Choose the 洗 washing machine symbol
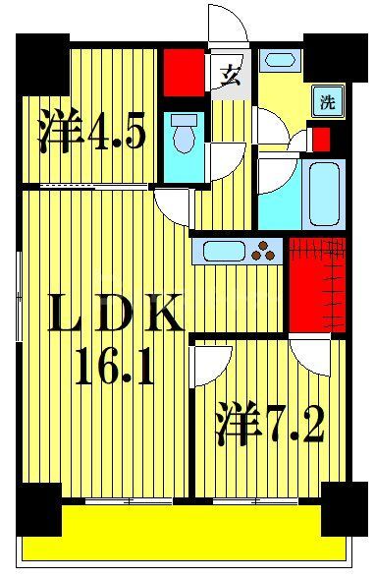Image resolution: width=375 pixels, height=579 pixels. pyautogui.click(x=325, y=100)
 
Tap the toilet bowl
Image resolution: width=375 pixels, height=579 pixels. pyautogui.click(x=181, y=137)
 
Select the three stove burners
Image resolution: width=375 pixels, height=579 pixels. pyautogui.click(x=264, y=251)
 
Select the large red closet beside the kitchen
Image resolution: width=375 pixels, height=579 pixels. pyautogui.click(x=316, y=284)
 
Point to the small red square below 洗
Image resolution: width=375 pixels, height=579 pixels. pyautogui.click(x=319, y=138)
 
